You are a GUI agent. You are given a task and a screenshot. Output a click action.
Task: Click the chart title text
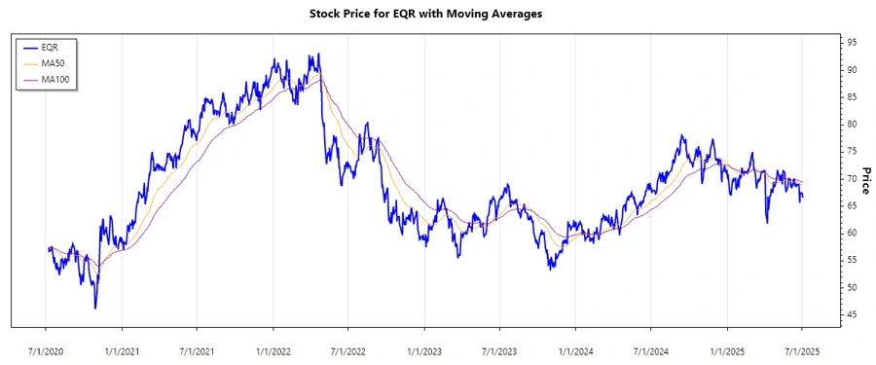(x=438, y=15)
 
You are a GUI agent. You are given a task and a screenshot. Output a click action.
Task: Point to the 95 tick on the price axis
(x=852, y=43)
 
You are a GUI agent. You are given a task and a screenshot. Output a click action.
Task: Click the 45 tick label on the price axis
(x=852, y=314)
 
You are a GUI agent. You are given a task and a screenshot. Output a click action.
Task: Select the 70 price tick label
(x=852, y=179)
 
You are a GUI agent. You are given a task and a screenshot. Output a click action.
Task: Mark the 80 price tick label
(x=852, y=125)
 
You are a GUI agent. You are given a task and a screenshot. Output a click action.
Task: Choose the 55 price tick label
(x=852, y=260)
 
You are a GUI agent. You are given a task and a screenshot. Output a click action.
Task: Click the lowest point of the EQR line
(x=95, y=309)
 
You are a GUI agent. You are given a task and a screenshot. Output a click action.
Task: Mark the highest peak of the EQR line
(x=318, y=55)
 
